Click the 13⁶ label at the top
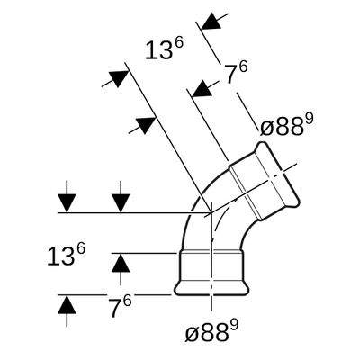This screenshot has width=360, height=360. pos(164,49)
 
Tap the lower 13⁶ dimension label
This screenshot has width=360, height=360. pos(67,255)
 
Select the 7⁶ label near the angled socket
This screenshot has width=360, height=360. pos(237,73)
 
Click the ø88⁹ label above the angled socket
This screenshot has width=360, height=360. pos(286,125)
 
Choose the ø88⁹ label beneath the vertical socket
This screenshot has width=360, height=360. pos(211,331)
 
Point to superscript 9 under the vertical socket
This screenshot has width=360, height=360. pos(234,325)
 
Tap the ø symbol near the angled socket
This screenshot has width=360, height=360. pos(266,129)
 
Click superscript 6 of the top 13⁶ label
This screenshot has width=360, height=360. pos(178,44)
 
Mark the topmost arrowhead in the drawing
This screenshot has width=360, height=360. pos(211,21)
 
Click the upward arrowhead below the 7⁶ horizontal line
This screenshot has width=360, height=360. pos(67,304)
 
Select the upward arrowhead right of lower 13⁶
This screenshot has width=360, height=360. pos(121,263)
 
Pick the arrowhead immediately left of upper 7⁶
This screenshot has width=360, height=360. pos(202,89)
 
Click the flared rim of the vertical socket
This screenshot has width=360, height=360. pos(211,289)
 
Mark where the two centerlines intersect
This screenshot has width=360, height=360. pos(211,212)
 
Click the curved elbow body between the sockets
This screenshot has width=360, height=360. pos(195,210)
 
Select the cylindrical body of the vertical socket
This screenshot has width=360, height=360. pos(211,267)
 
